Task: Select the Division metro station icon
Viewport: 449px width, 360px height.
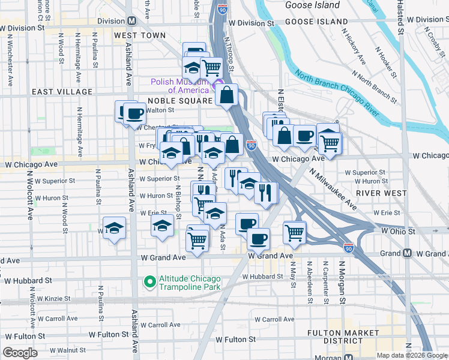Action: coord(131,20)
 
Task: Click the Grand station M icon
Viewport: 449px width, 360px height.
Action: coord(407,253)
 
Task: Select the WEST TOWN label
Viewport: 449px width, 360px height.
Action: coord(139,36)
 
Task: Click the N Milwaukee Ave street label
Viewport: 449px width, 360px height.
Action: coord(333,188)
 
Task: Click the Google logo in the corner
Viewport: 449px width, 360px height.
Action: coord(20,353)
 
